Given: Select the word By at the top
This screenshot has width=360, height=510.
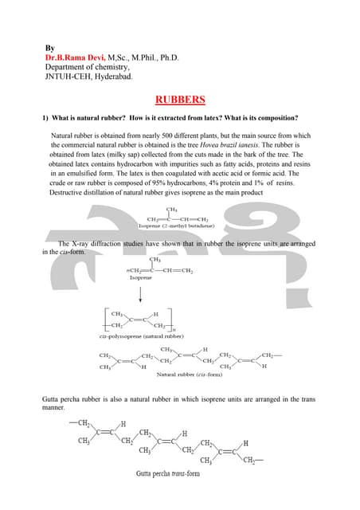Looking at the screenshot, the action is pos(49,48).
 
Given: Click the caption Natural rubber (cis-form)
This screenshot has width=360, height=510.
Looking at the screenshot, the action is pos(188,374).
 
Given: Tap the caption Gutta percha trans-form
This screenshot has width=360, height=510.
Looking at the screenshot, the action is pos(168,473).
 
